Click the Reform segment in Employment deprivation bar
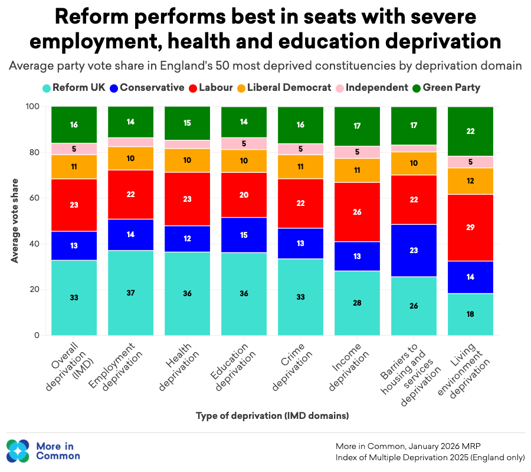(x=131, y=293)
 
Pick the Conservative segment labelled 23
(x=414, y=250)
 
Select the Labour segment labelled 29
(x=470, y=227)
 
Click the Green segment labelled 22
(x=470, y=131)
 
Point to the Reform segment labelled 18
(x=470, y=314)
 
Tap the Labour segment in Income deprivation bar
(x=358, y=212)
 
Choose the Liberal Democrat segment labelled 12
(x=470, y=181)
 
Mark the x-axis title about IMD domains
(x=272, y=416)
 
